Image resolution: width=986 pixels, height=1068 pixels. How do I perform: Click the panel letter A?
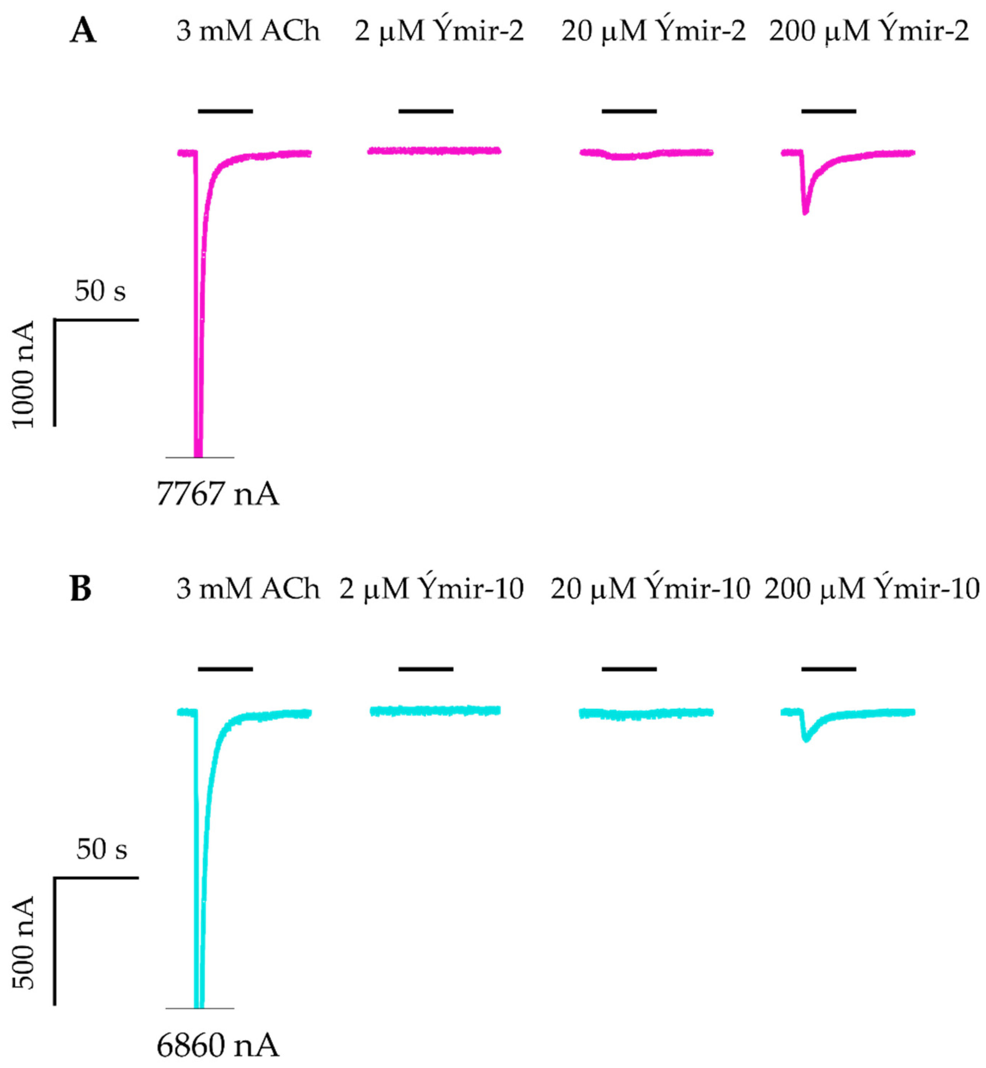tap(83, 31)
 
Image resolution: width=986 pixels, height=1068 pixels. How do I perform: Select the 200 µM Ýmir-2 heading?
tap(868, 31)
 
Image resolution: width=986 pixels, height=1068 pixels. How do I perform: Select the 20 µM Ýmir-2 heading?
tap(653, 31)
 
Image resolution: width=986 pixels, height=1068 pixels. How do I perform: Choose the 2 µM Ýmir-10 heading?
tap(431, 589)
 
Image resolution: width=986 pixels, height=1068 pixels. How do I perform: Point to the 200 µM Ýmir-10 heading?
tap(872, 589)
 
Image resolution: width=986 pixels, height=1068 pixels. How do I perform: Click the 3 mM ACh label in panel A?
tap(248, 31)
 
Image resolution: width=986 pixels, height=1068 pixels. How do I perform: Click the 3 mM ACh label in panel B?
tap(248, 589)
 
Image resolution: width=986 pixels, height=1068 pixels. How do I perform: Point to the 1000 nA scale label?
tap(23, 374)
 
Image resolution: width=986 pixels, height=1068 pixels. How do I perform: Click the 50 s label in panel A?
tap(100, 291)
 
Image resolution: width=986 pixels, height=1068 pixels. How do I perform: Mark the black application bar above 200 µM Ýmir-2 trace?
tap(829, 111)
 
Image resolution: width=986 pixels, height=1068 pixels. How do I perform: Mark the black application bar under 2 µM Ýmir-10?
tap(426, 668)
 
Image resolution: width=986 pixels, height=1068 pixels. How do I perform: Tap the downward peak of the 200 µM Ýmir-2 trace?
tap(805, 211)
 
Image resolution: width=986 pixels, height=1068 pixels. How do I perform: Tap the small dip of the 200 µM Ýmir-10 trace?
tap(806, 738)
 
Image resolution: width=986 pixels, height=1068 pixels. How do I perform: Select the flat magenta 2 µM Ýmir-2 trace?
tap(434, 151)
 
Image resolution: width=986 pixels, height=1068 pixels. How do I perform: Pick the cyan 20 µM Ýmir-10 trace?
tap(646, 713)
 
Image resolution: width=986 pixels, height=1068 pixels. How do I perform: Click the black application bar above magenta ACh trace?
tap(225, 111)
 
